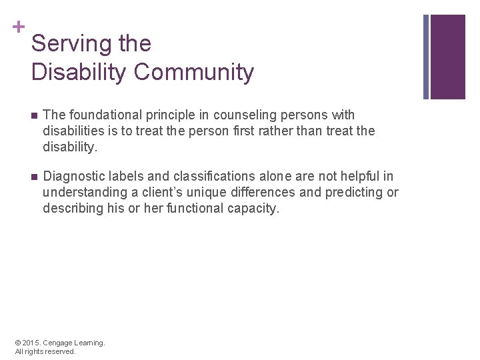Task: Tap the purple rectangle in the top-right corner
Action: tap(447, 57)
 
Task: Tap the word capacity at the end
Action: tap(255, 208)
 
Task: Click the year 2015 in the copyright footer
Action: tap(31, 343)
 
